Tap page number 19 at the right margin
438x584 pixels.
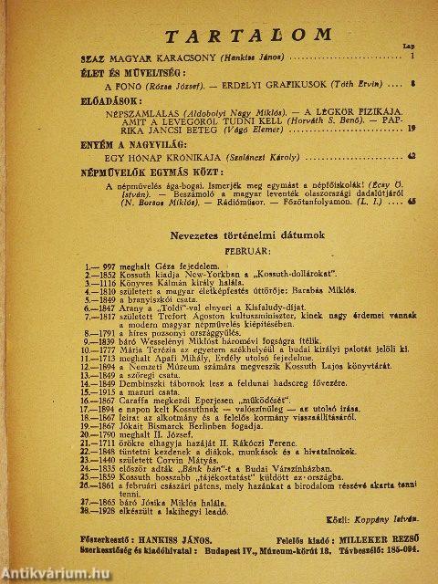coord(412,129)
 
